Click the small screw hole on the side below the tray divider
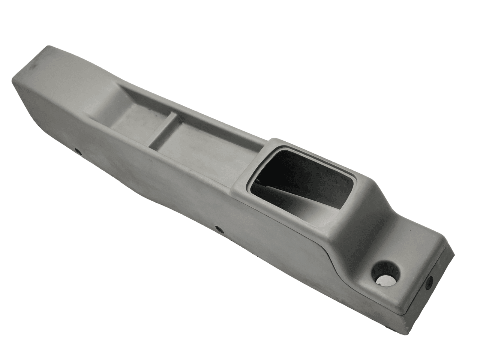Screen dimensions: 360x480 click(78, 152)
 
